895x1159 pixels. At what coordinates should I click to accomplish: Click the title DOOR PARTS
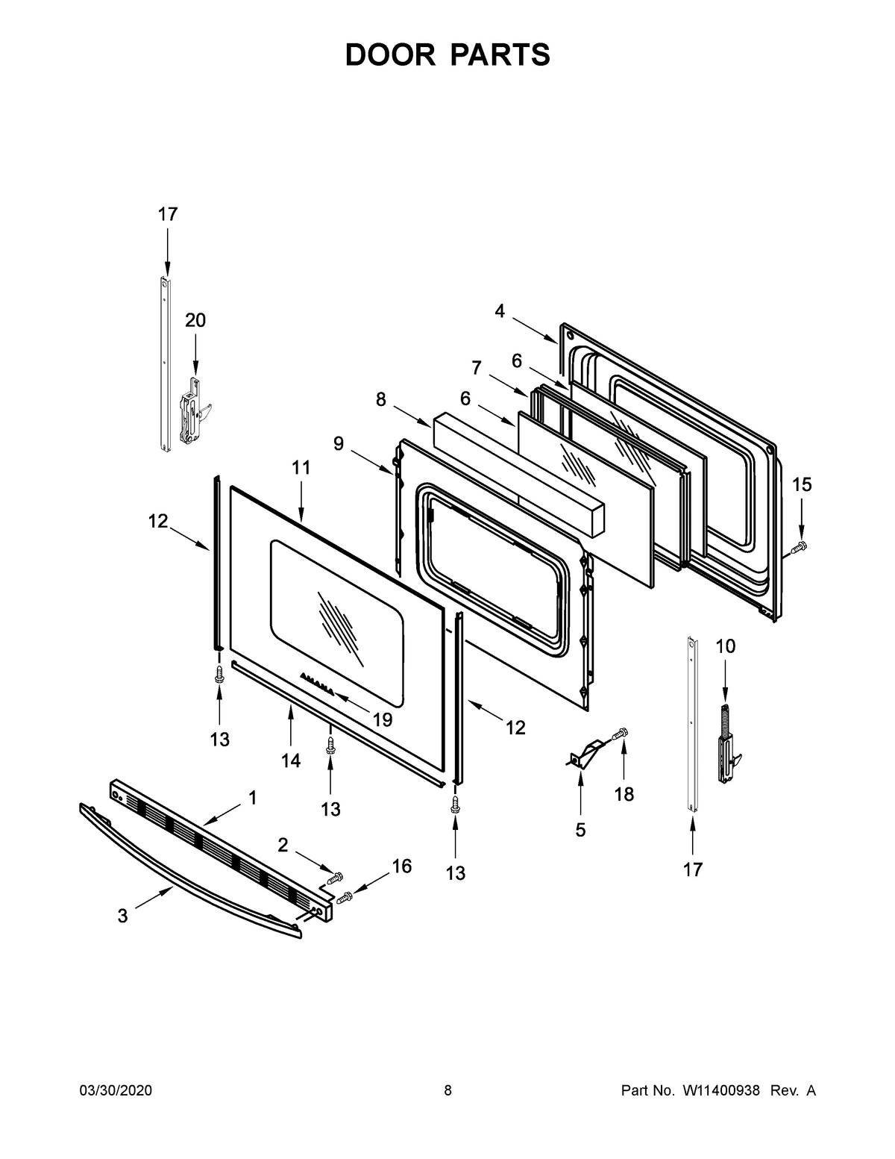[447, 55]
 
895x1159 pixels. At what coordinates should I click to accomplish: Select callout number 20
[195, 320]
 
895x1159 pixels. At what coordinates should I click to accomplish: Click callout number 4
[500, 311]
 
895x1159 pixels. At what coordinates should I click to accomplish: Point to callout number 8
[381, 400]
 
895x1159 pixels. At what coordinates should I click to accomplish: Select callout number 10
[725, 646]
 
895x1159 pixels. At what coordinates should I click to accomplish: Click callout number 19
[383, 719]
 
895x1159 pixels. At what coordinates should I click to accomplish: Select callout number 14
[291, 760]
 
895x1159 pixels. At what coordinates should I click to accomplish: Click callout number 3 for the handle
[122, 916]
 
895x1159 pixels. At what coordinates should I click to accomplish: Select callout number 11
[301, 468]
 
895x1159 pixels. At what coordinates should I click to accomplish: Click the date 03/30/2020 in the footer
[116, 1091]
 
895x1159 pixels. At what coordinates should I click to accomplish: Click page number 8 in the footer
[447, 1091]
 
